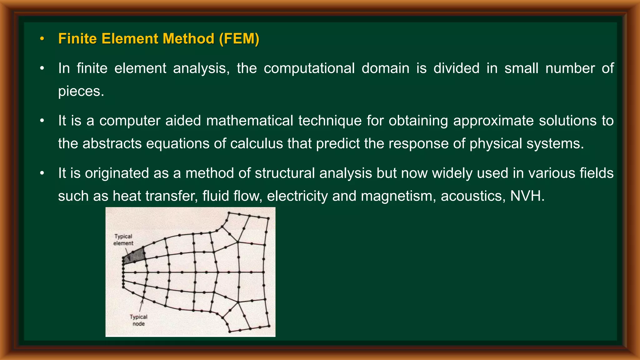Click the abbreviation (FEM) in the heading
[x=239, y=39]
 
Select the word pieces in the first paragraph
[x=81, y=91]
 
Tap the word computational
[x=309, y=68]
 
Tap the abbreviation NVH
[x=527, y=196]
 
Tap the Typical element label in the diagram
[x=123, y=240]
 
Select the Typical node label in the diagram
[x=138, y=320]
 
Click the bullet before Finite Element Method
[x=42, y=39]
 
